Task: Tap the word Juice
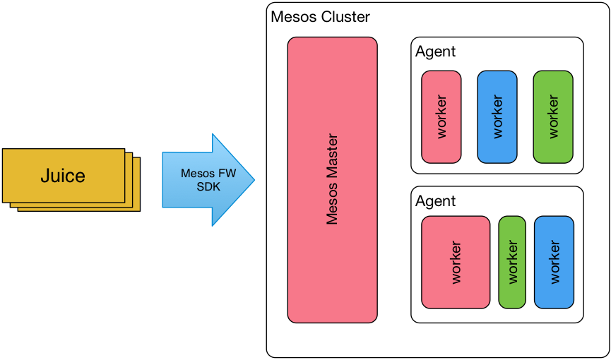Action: click(63, 176)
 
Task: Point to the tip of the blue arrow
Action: click(253, 179)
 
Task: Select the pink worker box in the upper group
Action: click(441, 116)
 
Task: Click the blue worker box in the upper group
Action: click(497, 116)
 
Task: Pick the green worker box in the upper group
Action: click(553, 116)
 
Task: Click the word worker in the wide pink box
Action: click(456, 262)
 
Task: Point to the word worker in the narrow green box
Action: click(512, 262)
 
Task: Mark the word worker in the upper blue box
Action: click(497, 116)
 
